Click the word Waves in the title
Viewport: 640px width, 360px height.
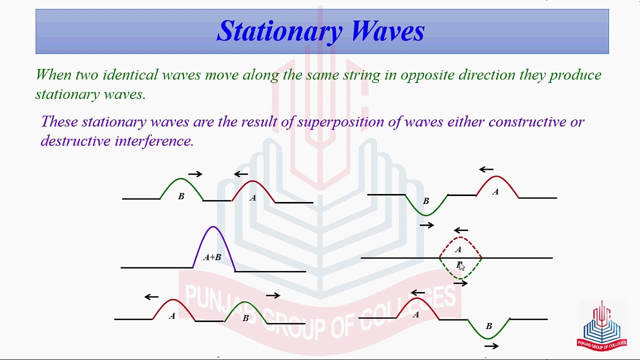388,31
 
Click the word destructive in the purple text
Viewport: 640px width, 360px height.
75,140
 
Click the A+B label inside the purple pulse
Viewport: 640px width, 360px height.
212,257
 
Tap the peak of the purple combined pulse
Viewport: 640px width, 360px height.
213,226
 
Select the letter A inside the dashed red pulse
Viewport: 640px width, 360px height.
458,249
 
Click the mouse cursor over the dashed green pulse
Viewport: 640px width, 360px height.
461,266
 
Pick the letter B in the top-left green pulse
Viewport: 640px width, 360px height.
181,196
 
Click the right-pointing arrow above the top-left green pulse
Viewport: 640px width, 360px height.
195,174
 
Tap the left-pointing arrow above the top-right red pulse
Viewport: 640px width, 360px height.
486,169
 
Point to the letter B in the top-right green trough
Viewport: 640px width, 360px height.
426,201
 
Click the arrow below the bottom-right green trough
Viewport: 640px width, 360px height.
491,346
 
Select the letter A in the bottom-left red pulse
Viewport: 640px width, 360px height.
171,315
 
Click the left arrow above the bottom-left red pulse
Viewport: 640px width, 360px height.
151,297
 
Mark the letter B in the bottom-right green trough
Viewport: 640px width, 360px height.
489,326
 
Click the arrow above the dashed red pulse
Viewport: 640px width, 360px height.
461,230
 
